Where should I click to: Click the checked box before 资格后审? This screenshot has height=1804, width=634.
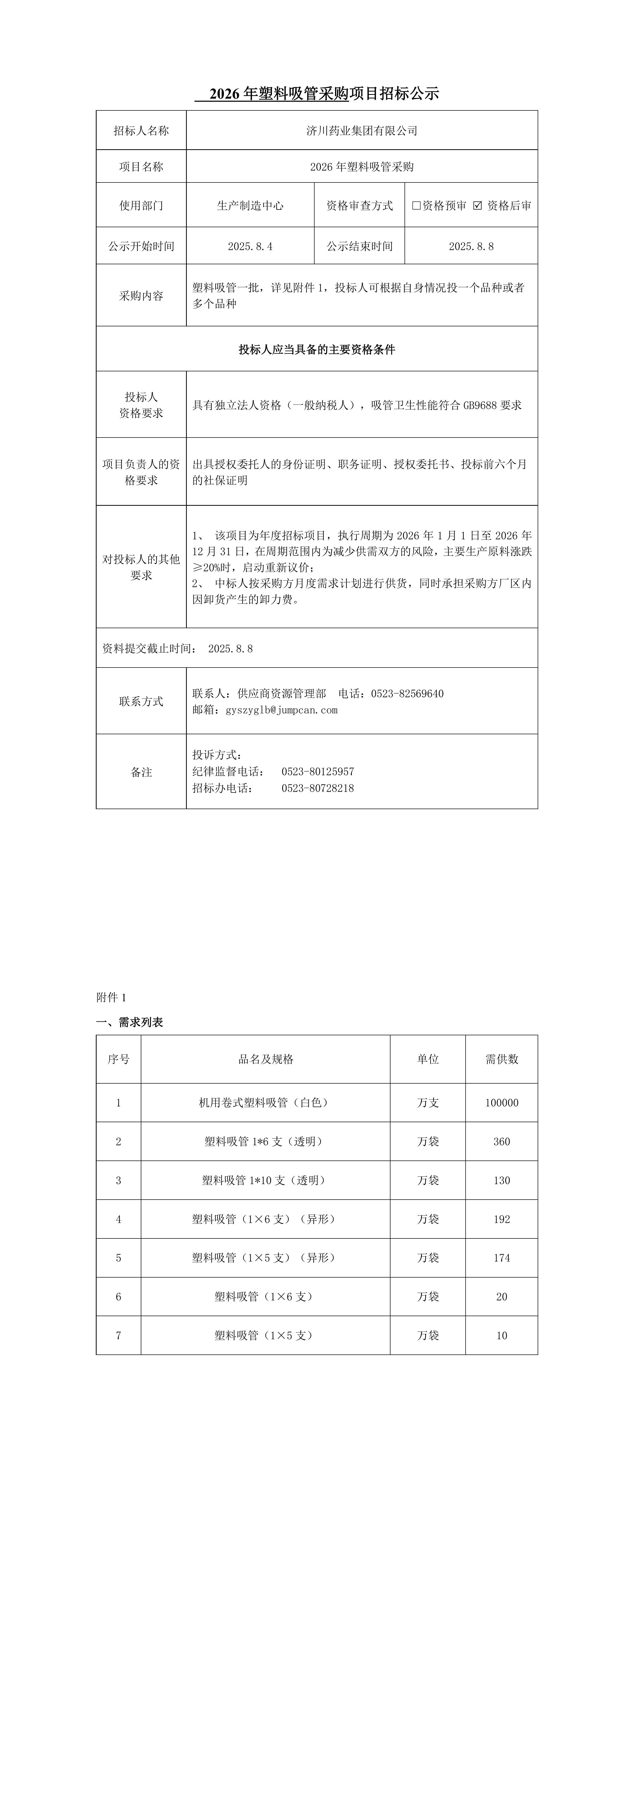click(478, 205)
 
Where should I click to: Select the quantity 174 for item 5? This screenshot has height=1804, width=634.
click(502, 1258)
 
